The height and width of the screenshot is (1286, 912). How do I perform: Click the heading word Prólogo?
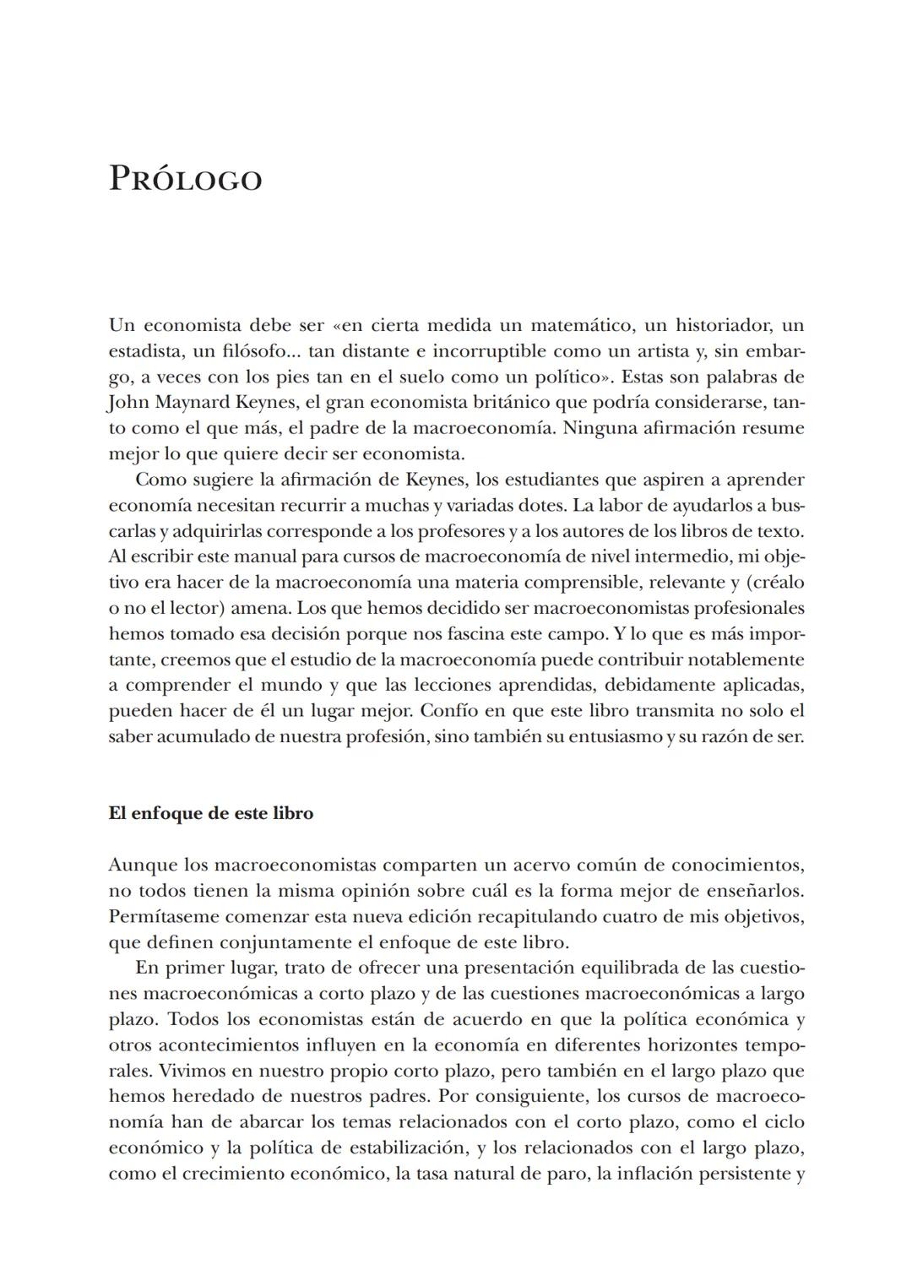[x=185, y=179]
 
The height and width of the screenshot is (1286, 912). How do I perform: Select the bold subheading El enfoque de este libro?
[x=210, y=813]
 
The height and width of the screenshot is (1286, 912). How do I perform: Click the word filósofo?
[x=239, y=351]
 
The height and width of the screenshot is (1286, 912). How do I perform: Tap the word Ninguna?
[x=599, y=428]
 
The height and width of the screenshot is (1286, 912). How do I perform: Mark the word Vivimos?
[x=142, y=1071]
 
